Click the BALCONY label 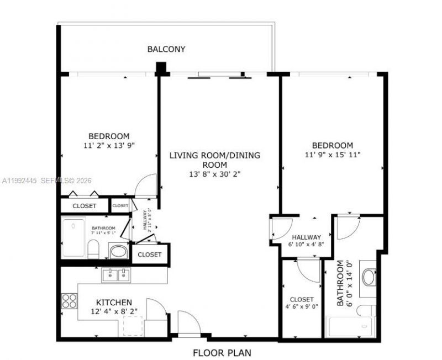point(166,49)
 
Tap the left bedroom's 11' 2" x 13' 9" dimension point(109,145)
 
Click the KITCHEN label point(114,303)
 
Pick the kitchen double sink point(116,274)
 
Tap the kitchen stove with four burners point(69,301)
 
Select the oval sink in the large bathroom point(369,277)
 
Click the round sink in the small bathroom point(118,252)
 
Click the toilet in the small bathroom point(93,250)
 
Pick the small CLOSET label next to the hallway point(120,206)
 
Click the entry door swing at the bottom point(188,323)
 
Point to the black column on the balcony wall point(161,68)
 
